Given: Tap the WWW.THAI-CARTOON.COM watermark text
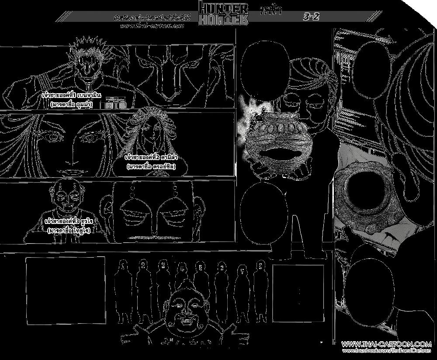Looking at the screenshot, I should coord(386,344).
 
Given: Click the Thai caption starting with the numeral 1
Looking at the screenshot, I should coord(68,99).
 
